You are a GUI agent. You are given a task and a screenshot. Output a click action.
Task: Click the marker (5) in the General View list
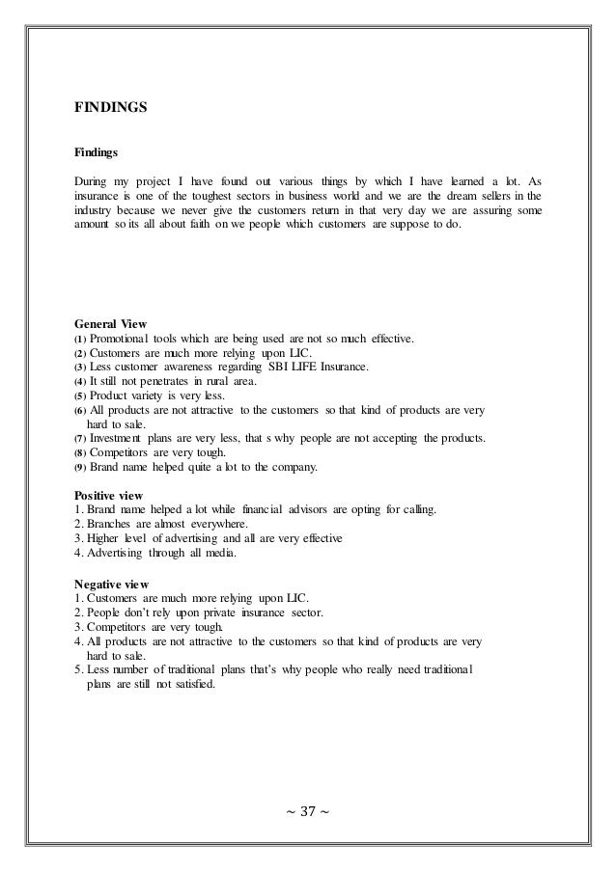pyautogui.click(x=80, y=396)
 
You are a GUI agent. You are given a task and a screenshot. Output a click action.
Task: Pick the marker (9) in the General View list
pyautogui.click(x=80, y=468)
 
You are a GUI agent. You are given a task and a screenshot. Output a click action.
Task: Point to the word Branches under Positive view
pyautogui.click(x=110, y=524)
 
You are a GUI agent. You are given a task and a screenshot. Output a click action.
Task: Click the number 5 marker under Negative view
pyautogui.click(x=77, y=672)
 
